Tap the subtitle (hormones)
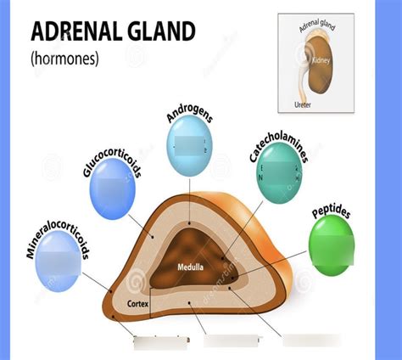coord(64,59)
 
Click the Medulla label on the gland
coord(190,267)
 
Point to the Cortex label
coord(138,304)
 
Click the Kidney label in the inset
coord(321,61)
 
